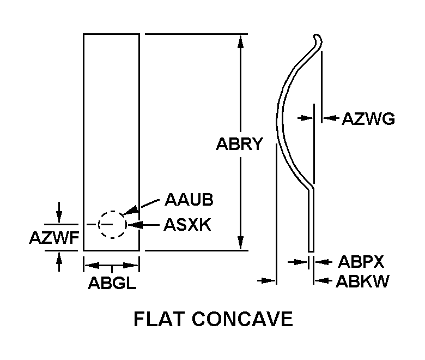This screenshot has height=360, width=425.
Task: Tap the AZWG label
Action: pos(368,118)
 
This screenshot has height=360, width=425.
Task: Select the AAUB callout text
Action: pos(189,200)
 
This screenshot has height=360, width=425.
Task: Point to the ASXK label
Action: pos(186,225)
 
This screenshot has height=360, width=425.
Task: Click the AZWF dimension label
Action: pos(55,238)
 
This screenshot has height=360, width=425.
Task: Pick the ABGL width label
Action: pos(112,284)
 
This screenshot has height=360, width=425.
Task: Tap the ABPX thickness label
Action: pos(361,262)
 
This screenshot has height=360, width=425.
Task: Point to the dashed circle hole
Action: pos(112,224)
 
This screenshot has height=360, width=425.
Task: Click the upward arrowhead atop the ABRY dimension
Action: pos(240,39)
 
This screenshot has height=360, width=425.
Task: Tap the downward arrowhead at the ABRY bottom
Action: pos(240,245)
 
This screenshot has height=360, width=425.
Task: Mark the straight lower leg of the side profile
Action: pos(311,218)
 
